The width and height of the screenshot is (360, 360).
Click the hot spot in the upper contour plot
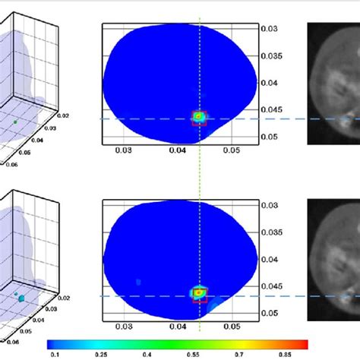pos(199,116)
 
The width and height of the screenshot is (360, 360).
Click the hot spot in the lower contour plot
pos(199,292)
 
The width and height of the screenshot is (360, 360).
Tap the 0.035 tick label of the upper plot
pos(272,55)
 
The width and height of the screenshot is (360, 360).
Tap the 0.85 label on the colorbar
pos(302,352)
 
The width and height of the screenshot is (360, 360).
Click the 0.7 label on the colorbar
pos(256,352)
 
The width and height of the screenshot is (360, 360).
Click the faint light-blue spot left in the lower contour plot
pos(139,281)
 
